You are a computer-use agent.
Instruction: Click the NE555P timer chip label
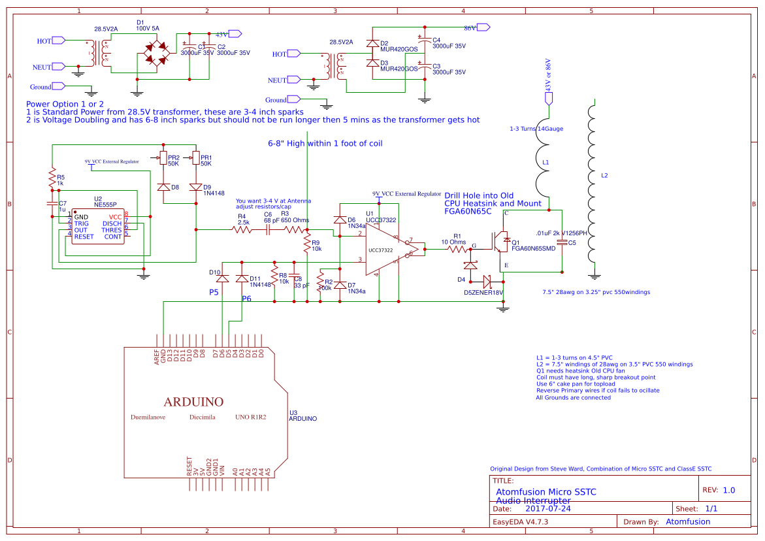tap(105, 205)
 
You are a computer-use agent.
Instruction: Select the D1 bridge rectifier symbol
tap(156, 53)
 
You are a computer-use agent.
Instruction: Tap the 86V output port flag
tap(483, 27)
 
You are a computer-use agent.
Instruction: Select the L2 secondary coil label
tap(604, 176)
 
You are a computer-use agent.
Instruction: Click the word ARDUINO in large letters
tap(193, 401)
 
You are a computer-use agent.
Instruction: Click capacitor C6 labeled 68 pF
tap(267, 229)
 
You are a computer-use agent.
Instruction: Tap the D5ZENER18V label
tap(483, 292)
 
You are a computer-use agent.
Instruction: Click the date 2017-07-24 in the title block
tap(548, 508)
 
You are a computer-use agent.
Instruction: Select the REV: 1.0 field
tap(719, 490)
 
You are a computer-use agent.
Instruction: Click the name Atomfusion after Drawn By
tap(688, 521)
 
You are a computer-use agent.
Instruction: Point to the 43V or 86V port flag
tap(548, 98)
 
